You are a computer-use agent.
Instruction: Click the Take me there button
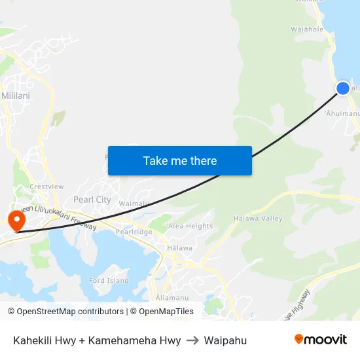click(x=180, y=160)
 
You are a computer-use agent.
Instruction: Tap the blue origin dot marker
click(x=343, y=88)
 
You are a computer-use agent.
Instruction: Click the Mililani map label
click(x=16, y=95)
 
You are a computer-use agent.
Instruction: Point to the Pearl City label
click(x=92, y=200)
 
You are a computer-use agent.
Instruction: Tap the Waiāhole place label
click(x=306, y=29)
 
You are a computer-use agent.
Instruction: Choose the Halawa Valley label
click(x=257, y=218)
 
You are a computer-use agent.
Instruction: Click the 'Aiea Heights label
click(x=190, y=226)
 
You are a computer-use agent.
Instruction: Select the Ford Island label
click(x=109, y=281)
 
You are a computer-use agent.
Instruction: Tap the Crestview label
click(x=46, y=187)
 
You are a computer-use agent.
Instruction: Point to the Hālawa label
click(x=180, y=248)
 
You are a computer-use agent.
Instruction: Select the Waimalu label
click(x=134, y=204)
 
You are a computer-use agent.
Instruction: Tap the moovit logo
click(x=321, y=340)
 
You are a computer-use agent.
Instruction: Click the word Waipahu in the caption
click(x=225, y=340)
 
